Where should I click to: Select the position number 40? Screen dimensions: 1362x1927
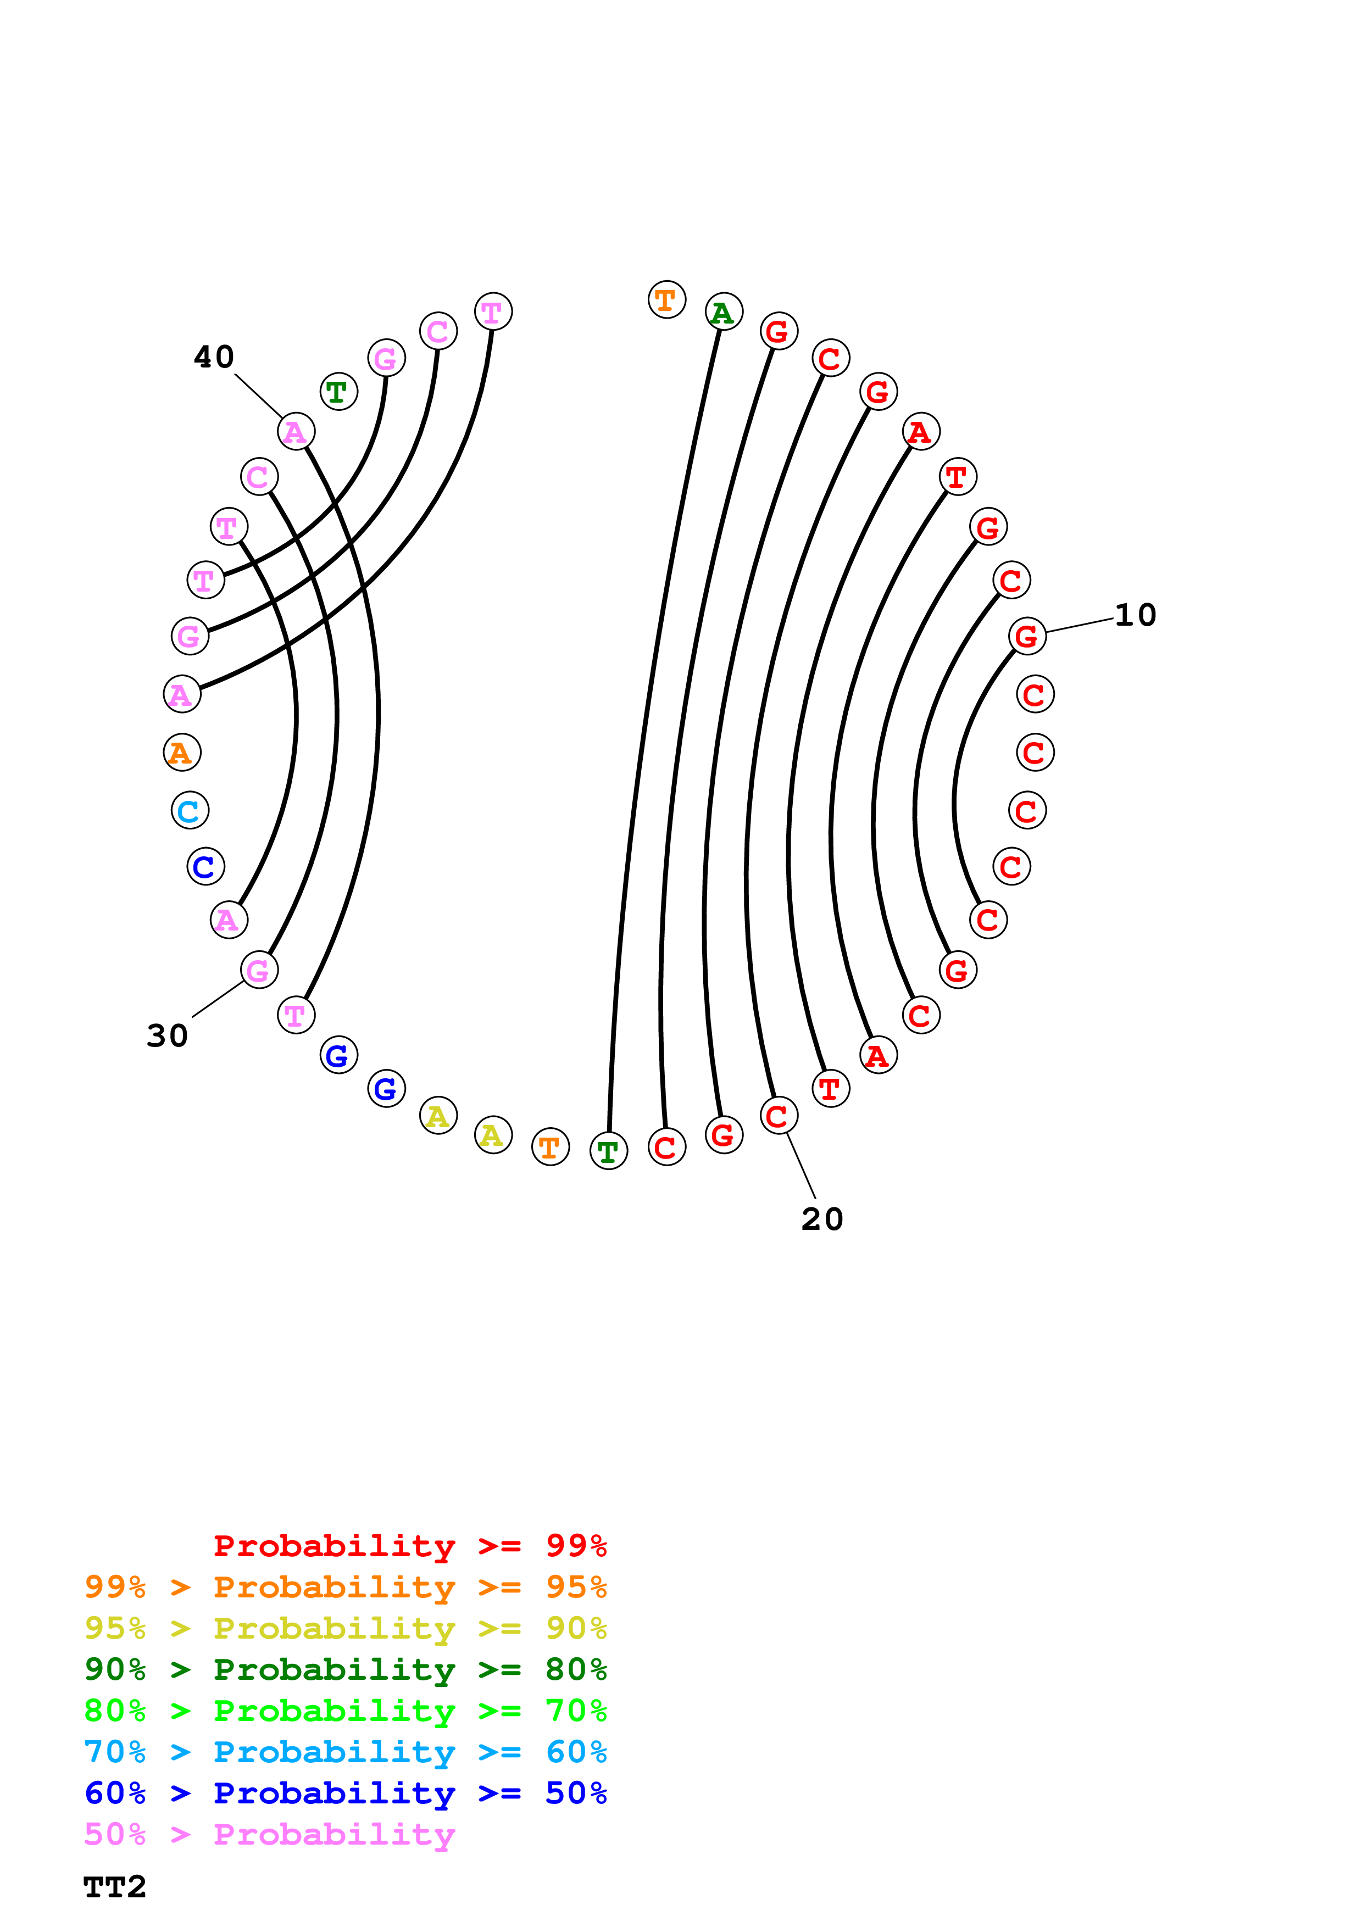tap(214, 358)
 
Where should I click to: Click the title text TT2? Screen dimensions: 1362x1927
tap(115, 1887)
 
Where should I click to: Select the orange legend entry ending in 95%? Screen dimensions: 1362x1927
tap(345, 1587)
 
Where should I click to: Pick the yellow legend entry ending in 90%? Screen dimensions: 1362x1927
tap(345, 1628)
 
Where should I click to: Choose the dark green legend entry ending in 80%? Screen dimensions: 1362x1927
tap(345, 1669)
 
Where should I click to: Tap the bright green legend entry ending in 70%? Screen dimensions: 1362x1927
tap(345, 1711)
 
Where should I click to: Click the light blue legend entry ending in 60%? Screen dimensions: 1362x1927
tap(345, 1752)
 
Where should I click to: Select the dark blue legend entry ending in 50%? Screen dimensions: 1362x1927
tap(345, 1793)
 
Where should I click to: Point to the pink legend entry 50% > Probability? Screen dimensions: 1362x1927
tap(269, 1834)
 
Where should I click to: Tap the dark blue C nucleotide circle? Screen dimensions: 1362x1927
tap(205, 867)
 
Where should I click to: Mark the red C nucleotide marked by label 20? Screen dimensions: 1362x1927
tap(779, 1116)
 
